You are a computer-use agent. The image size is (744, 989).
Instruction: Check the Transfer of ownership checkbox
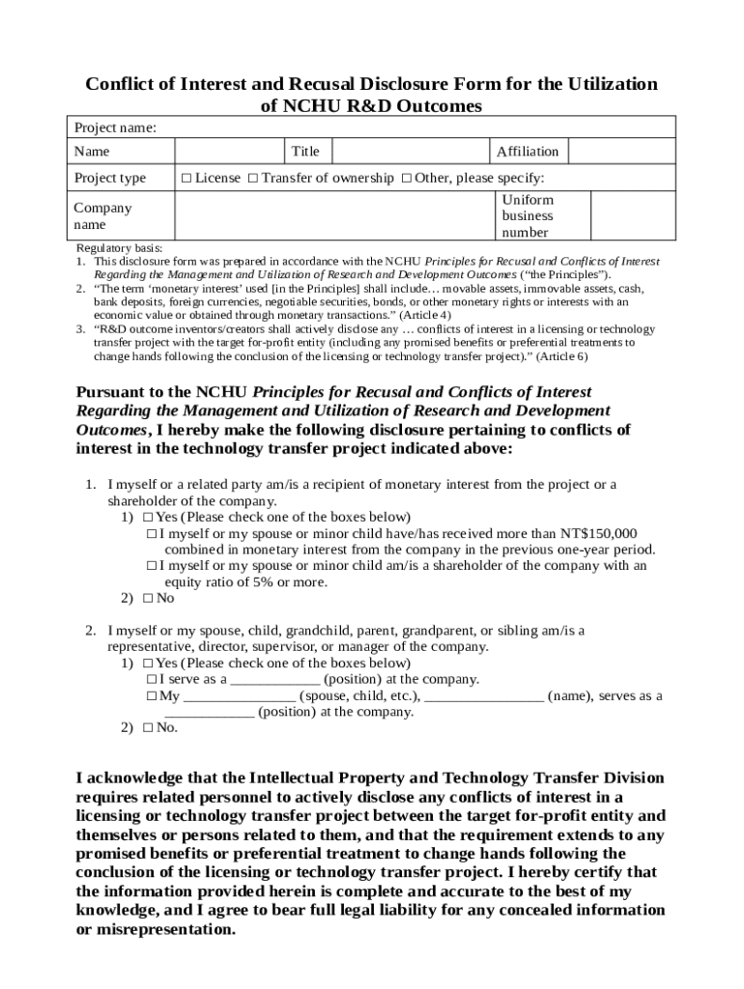(x=252, y=178)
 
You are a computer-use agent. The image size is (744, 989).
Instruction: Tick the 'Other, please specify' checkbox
(x=407, y=178)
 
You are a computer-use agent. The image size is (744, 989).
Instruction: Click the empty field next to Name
(x=229, y=151)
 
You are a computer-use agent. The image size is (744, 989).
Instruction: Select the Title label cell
(x=305, y=151)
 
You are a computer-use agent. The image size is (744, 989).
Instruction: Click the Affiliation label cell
(x=528, y=151)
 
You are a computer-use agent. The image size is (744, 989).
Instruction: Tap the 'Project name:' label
(x=115, y=127)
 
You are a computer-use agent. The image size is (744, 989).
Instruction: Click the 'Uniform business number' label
(x=528, y=215)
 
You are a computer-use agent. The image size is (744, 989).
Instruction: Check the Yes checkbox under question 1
(x=147, y=517)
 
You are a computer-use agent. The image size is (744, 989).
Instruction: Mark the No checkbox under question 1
(x=147, y=598)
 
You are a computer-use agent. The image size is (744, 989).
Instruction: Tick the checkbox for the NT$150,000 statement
(x=152, y=533)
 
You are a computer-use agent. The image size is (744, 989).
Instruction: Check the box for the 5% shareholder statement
(x=152, y=566)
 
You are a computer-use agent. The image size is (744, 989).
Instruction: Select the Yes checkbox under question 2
(x=147, y=664)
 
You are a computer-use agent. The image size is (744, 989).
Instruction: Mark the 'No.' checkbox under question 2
(x=147, y=728)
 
